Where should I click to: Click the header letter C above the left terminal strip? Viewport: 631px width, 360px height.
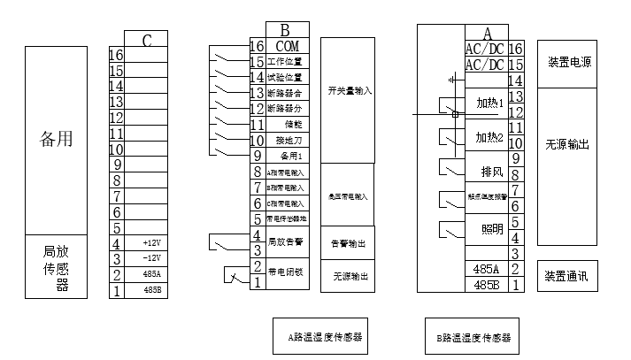pos(146,40)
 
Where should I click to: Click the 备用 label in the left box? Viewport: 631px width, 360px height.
pos(56,139)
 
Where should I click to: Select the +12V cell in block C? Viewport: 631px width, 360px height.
pos(151,242)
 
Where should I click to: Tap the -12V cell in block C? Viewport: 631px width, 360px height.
pos(151,257)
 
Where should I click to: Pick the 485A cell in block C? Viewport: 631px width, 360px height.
pos(151,273)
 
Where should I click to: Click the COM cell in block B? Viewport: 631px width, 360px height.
pos(288,46)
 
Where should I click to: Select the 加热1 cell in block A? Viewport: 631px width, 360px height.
pos(489,103)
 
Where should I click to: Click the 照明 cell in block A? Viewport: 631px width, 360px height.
pos(491,229)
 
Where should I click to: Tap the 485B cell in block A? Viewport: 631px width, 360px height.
pos(487,285)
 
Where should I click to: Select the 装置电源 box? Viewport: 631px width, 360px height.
pos(569,63)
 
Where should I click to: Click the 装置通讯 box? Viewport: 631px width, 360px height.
pos(567,276)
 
